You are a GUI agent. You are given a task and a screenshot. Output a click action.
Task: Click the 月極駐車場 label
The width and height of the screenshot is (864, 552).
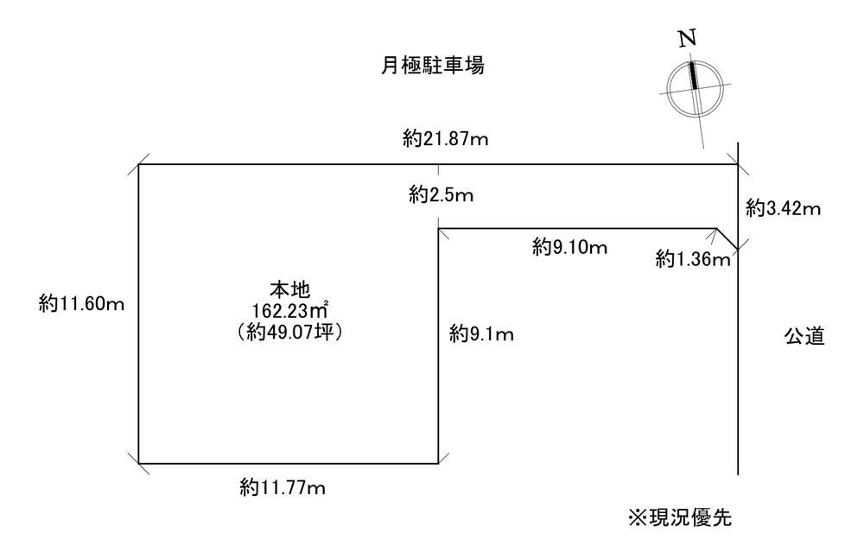tap(433, 66)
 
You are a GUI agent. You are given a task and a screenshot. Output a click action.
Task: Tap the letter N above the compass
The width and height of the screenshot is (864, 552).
tap(687, 38)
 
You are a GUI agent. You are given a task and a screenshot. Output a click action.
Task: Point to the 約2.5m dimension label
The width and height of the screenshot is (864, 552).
tap(441, 194)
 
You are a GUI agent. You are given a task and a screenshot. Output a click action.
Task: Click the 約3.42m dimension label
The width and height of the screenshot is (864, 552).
tap(784, 207)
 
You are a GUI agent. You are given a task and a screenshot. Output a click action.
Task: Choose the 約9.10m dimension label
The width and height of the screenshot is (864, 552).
tap(569, 247)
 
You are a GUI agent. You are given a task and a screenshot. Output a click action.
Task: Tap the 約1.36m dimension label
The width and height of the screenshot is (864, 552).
tap(693, 258)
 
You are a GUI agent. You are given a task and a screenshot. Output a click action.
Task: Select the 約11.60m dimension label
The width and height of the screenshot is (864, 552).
tap(81, 303)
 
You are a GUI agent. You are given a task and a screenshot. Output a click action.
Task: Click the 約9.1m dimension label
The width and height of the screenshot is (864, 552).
tap(481, 333)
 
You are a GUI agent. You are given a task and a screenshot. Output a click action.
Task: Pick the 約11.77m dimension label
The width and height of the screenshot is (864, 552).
tap(283, 487)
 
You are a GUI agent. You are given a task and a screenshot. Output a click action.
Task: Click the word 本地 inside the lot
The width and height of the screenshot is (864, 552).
tap(289, 289)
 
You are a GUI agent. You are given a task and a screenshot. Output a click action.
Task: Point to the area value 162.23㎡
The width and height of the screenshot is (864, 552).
tap(291, 311)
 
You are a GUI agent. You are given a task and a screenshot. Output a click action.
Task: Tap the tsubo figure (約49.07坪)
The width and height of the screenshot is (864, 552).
tap(289, 333)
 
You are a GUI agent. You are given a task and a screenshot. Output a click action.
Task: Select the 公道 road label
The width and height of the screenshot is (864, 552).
tap(804, 335)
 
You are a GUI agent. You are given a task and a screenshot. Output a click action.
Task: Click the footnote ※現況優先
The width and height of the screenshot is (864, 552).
tap(680, 517)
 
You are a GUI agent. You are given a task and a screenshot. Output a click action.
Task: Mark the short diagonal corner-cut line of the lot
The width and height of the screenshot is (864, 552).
tap(727, 238)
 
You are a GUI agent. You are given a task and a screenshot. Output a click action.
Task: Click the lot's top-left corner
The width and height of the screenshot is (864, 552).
tap(138, 164)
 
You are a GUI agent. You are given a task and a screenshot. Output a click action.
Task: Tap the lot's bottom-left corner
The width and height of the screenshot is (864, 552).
tap(138, 463)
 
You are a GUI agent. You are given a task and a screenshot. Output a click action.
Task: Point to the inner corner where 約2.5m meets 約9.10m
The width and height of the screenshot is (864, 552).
tap(438, 229)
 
